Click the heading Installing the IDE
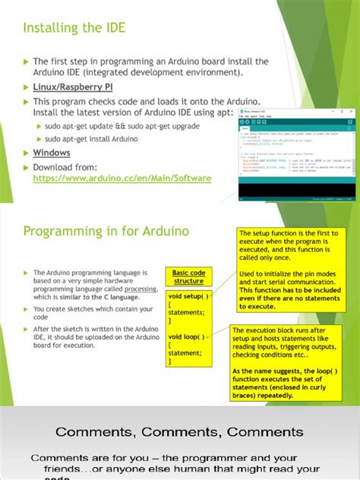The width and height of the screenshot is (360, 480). (74, 29)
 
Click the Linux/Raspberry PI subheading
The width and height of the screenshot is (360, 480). (73, 87)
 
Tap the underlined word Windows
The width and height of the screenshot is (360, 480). (52, 153)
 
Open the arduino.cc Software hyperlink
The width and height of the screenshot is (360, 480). (122, 178)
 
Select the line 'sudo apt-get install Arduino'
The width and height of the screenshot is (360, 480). (91, 139)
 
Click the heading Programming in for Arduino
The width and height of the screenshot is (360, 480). (106, 231)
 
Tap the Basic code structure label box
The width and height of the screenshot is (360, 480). (188, 276)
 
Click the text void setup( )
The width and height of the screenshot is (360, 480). (188, 296)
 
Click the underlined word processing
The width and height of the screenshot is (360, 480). (141, 289)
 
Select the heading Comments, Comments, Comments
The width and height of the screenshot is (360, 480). (179, 432)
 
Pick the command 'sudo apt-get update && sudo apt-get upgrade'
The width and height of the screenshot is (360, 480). (122, 126)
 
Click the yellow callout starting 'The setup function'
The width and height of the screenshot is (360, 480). (293, 269)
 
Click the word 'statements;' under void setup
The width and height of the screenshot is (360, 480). (187, 312)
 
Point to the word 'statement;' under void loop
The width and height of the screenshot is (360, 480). (185, 352)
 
